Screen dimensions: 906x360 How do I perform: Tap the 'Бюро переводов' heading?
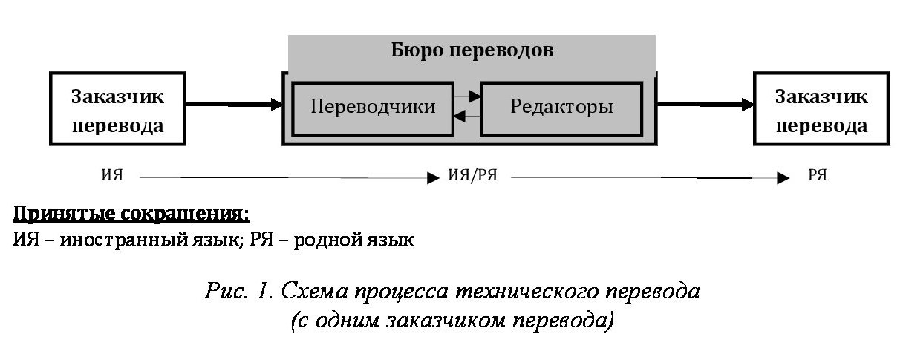[x=472, y=50]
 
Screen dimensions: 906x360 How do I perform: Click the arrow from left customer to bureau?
[x=234, y=105]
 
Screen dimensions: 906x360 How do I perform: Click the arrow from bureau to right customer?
[x=704, y=105]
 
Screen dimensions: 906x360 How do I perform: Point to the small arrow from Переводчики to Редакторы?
[x=467, y=96]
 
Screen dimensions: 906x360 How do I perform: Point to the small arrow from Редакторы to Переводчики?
[x=467, y=116]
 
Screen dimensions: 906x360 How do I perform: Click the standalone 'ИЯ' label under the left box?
[x=112, y=175]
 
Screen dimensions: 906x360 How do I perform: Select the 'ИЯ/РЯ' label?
[x=472, y=175]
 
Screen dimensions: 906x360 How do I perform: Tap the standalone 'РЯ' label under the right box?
[x=817, y=175]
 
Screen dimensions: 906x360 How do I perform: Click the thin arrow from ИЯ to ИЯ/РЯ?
[x=289, y=177]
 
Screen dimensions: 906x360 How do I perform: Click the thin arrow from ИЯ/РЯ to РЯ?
[x=650, y=177]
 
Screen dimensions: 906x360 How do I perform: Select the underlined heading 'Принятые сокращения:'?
[x=131, y=213]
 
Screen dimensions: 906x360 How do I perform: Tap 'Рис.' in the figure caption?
[x=226, y=290]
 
